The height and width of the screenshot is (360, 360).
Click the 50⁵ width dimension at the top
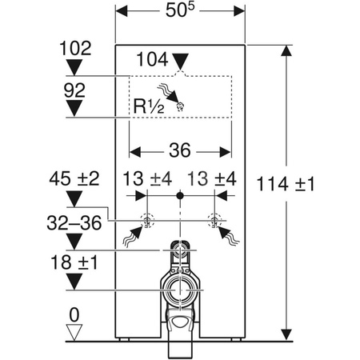(180, 10)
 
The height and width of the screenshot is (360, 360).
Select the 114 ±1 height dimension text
(286, 184)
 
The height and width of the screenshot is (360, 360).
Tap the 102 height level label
(75, 48)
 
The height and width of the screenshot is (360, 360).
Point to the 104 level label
(152, 59)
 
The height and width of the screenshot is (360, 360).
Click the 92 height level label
(74, 90)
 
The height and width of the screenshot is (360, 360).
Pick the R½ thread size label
(149, 106)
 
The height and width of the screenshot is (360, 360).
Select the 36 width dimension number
(180, 150)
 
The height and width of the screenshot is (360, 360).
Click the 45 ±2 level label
(74, 178)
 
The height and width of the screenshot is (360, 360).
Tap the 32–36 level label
(74, 222)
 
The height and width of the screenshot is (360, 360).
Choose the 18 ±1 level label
(74, 262)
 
